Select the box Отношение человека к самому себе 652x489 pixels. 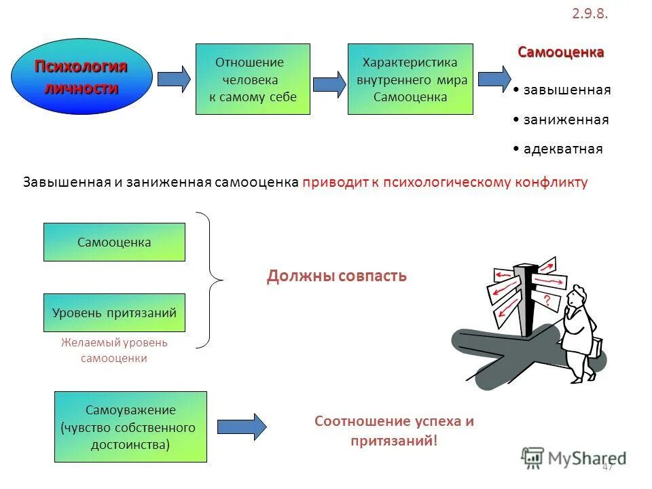[x=253, y=79]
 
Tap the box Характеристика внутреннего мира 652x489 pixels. [x=410, y=79]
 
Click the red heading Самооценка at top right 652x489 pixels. [x=561, y=52]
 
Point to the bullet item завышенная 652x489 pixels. [x=566, y=90]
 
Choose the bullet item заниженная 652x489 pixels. [x=566, y=120]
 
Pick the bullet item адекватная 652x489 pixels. [x=563, y=149]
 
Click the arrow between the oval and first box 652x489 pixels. [x=174, y=79]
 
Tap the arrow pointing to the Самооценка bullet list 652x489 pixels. [x=494, y=77]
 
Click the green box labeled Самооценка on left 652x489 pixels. [x=114, y=242]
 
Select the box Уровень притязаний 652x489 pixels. [x=114, y=313]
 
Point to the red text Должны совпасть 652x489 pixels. [x=337, y=276]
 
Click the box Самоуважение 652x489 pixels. [x=130, y=427]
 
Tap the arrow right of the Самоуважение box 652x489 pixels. [x=242, y=426]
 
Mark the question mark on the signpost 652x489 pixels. [x=547, y=300]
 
